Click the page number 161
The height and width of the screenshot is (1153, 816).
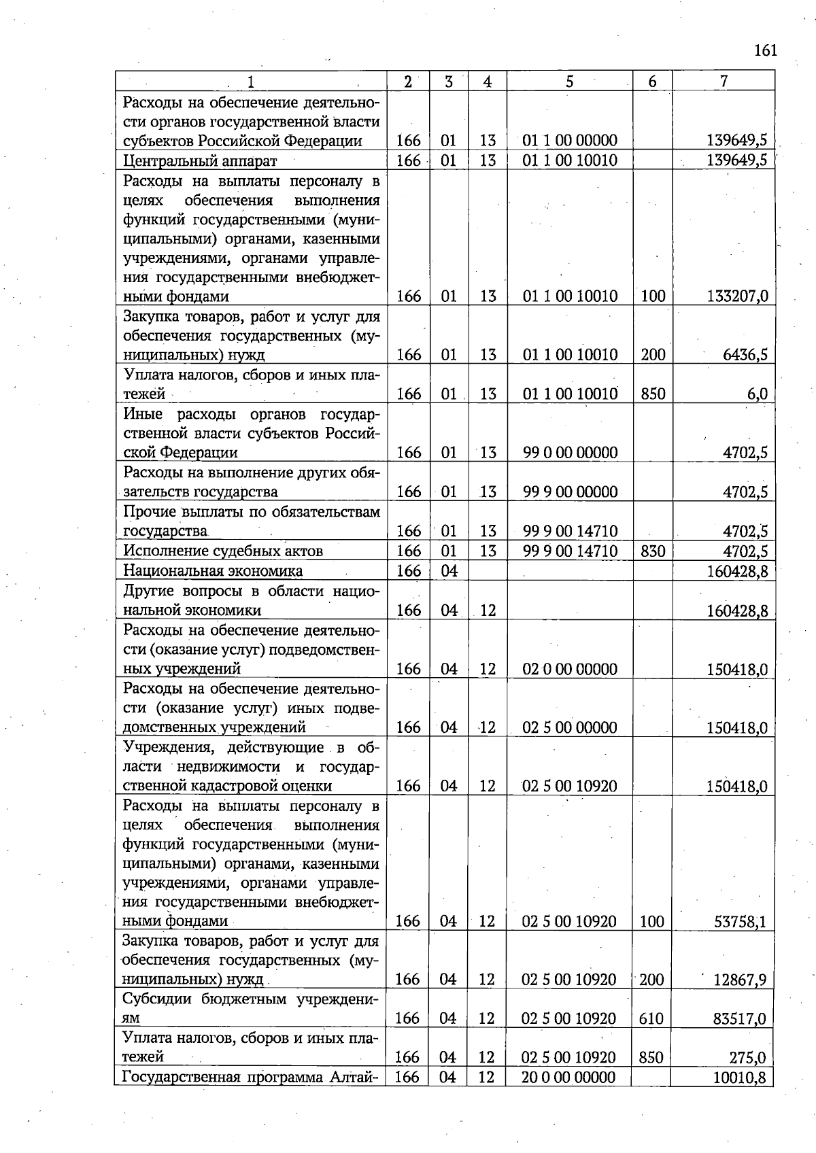click(x=765, y=51)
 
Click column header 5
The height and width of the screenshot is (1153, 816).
click(x=569, y=82)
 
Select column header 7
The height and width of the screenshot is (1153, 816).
click(x=724, y=82)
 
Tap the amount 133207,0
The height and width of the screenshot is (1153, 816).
click(x=736, y=296)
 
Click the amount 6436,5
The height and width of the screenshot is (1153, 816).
click(x=745, y=355)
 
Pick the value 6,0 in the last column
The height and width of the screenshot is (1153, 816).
click(x=756, y=394)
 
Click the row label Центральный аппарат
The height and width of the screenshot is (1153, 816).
click(x=200, y=161)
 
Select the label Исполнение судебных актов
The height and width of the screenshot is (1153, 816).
click(x=222, y=551)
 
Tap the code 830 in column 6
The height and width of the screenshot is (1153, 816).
click(x=652, y=551)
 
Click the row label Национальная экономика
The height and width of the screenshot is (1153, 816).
click(x=213, y=571)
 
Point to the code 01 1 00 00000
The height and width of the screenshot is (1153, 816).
click(x=570, y=141)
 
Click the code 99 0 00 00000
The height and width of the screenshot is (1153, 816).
click(x=570, y=453)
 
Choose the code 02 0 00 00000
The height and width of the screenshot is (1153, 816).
click(x=570, y=669)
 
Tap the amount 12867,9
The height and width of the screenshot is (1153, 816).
click(x=739, y=980)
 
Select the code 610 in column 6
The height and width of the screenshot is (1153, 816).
click(x=651, y=1019)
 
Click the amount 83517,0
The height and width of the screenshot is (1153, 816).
click(x=739, y=1019)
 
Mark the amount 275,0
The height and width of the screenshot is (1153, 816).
click(x=749, y=1058)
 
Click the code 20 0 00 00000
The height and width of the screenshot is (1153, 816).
click(x=568, y=1078)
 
